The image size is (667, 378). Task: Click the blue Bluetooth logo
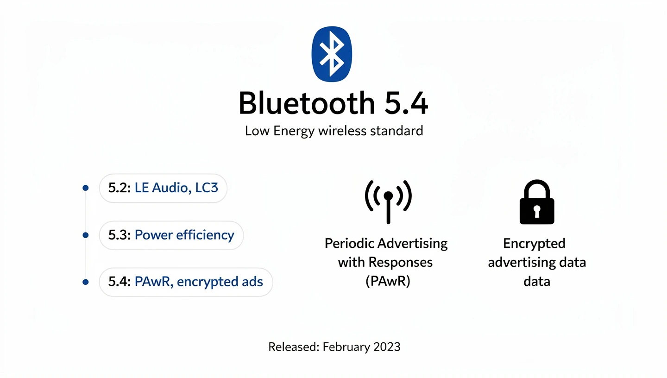coord(332,54)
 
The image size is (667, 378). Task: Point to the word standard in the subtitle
coord(397,131)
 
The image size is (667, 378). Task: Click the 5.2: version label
coord(120,188)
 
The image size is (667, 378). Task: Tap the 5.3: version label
coord(120,235)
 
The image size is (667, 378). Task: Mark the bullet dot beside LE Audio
coord(85,188)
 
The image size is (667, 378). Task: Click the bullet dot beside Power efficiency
coord(85,235)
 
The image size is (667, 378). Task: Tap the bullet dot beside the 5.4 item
coord(85,282)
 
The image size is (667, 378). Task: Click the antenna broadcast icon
coord(388,200)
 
